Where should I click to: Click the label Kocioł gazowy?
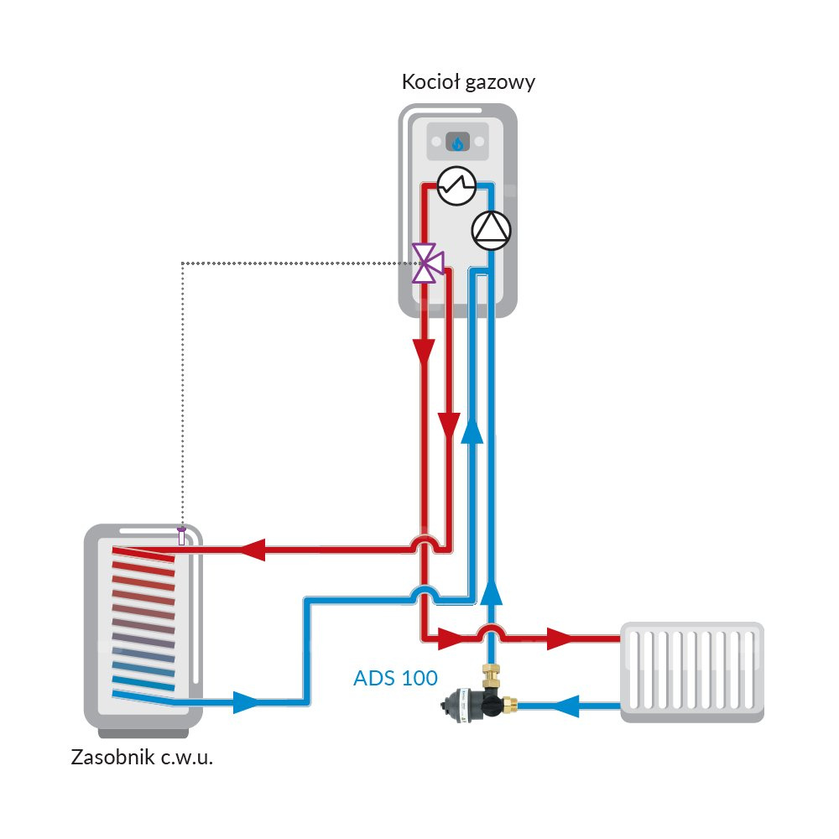468,82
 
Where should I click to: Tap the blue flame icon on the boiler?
457,143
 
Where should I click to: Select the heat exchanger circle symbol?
456,185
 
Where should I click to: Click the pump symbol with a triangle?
491,229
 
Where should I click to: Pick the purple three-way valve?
427,263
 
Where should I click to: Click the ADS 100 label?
395,677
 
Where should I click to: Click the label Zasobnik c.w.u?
142,758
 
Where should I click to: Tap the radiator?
691,672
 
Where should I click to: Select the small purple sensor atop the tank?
181,538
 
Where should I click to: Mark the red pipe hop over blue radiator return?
491,630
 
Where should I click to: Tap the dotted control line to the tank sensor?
182,378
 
